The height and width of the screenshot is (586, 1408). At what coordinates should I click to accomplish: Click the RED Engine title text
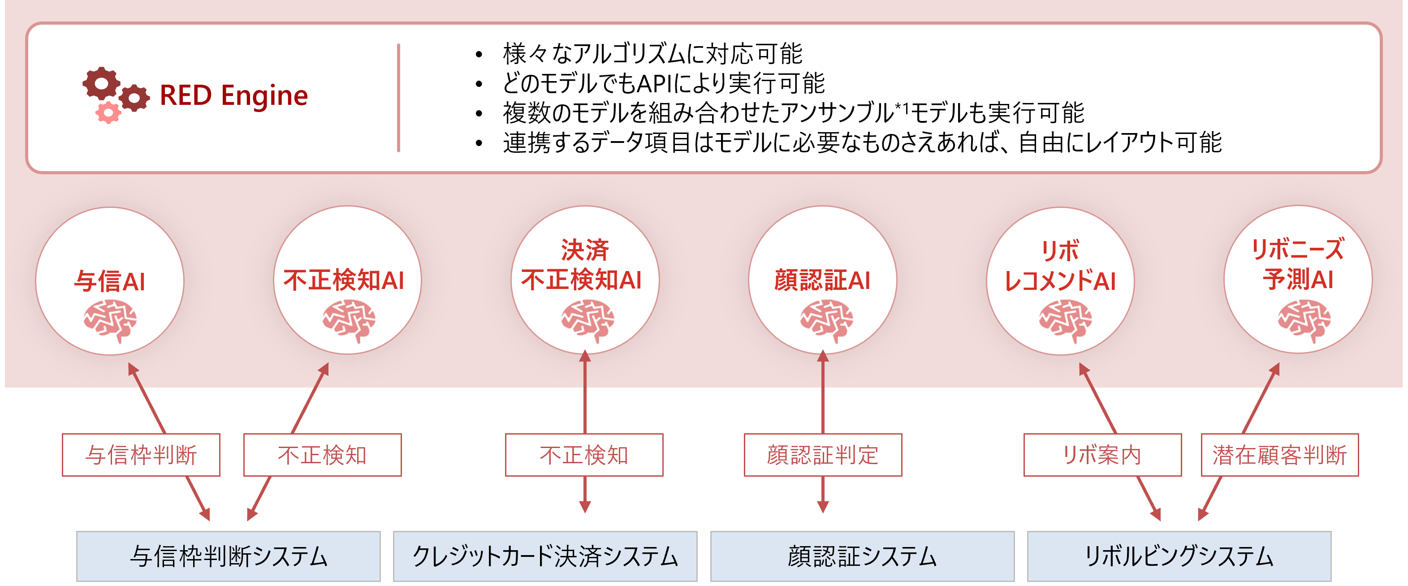234,96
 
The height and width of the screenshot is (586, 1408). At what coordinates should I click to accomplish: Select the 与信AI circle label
110,281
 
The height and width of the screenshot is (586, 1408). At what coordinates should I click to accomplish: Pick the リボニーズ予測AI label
1298,264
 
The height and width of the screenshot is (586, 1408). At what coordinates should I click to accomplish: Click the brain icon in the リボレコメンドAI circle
1065,321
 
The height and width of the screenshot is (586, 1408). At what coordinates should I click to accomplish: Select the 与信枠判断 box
141,455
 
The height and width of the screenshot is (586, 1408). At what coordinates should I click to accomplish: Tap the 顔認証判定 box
823,455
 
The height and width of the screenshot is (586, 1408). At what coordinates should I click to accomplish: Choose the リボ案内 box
1102,455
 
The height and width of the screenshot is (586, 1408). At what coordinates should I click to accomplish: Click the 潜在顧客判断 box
1279,455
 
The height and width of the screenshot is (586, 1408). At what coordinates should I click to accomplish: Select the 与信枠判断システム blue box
229,556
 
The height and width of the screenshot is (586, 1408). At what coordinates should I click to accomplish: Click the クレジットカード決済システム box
545,556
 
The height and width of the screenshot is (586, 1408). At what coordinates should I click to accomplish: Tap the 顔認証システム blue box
862,556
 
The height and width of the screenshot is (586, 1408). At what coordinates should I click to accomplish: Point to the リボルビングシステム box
1179,556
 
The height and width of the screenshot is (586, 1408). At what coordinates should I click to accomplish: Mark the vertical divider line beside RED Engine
398,98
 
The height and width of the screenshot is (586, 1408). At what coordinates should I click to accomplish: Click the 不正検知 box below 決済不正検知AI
584,455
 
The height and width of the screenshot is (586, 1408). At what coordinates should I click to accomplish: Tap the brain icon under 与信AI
110,321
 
